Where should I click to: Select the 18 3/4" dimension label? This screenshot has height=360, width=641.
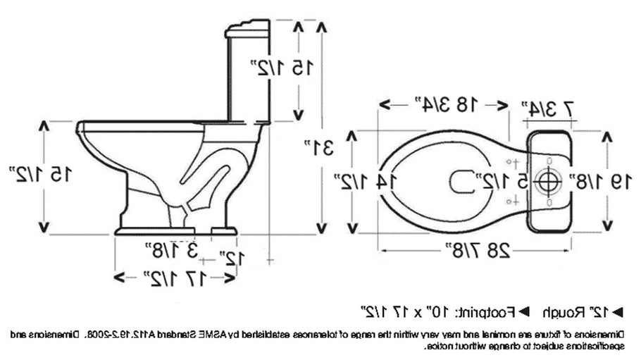coord(443,104)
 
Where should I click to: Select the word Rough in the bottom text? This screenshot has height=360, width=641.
coord(569,310)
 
